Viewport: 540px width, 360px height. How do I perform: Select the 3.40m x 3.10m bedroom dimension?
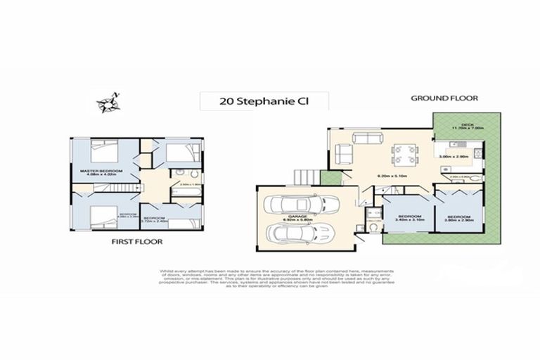[x=409, y=219]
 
